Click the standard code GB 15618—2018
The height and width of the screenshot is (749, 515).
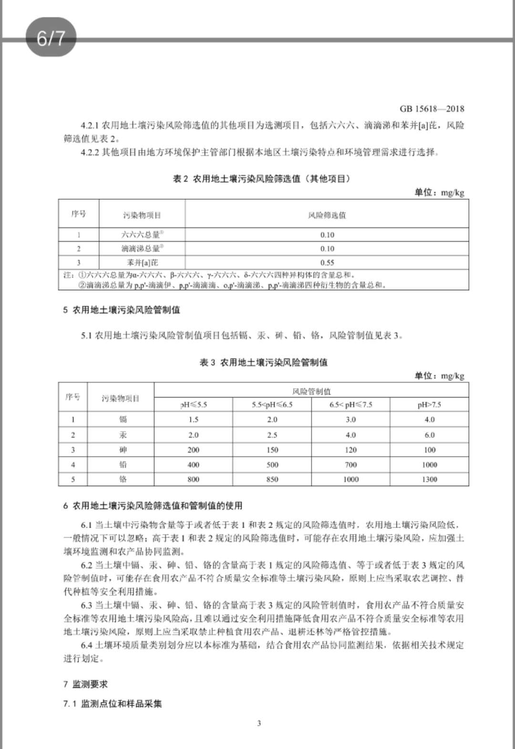[432, 109]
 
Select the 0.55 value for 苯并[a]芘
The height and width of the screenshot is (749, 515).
[327, 262]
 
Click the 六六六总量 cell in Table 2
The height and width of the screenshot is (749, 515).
[142, 235]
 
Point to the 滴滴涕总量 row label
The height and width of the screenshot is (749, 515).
[142, 248]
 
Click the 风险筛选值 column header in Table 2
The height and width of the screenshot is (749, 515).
[327, 215]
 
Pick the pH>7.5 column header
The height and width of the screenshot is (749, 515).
[429, 405]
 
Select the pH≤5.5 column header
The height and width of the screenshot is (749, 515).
[194, 405]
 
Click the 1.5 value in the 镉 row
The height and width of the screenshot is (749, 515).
[193, 420]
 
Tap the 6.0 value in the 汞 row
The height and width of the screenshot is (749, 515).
[429, 435]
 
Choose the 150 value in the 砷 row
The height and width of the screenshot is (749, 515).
[272, 450]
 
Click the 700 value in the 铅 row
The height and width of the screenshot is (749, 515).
[350, 464]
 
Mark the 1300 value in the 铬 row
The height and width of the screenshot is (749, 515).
[429, 479]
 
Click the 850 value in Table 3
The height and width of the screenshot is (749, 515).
[272, 479]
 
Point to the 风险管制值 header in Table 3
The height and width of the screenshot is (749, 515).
[311, 391]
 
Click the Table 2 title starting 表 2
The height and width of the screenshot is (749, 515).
[262, 179]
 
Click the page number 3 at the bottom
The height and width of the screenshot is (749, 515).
[259, 723]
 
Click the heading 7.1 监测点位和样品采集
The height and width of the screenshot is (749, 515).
[113, 704]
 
